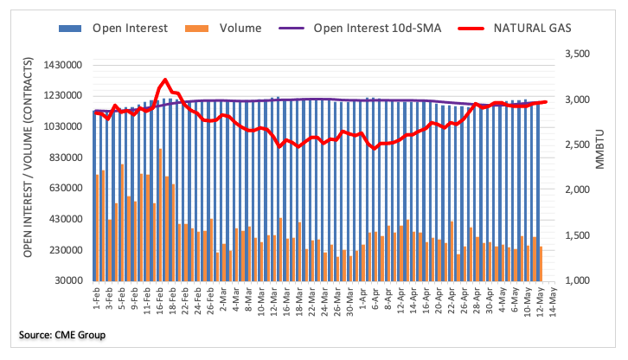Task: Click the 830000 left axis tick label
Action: [67, 158]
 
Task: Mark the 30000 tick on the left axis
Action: [70, 281]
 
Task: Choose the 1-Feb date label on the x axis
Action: [94, 299]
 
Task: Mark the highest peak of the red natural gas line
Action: [164, 80]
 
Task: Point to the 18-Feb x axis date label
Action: [171, 300]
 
